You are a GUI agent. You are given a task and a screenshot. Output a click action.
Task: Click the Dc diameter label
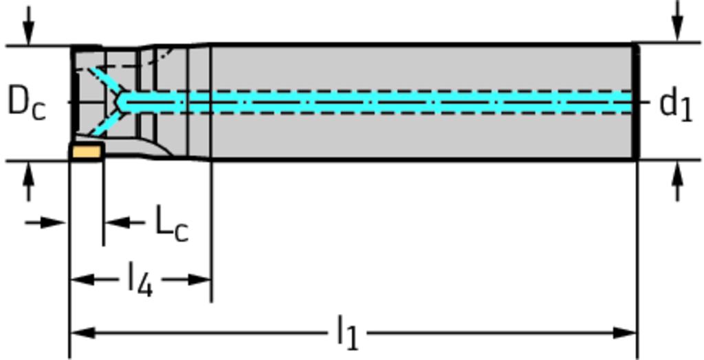[x=26, y=104]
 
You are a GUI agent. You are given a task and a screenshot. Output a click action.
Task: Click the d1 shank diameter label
[x=675, y=105]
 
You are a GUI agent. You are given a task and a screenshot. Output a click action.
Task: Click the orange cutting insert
[x=87, y=150]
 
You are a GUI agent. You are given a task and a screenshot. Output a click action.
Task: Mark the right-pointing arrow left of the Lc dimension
[x=55, y=223]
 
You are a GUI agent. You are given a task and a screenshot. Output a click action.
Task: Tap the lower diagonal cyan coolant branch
[x=103, y=124]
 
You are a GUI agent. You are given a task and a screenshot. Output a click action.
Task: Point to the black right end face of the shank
[x=636, y=102]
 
